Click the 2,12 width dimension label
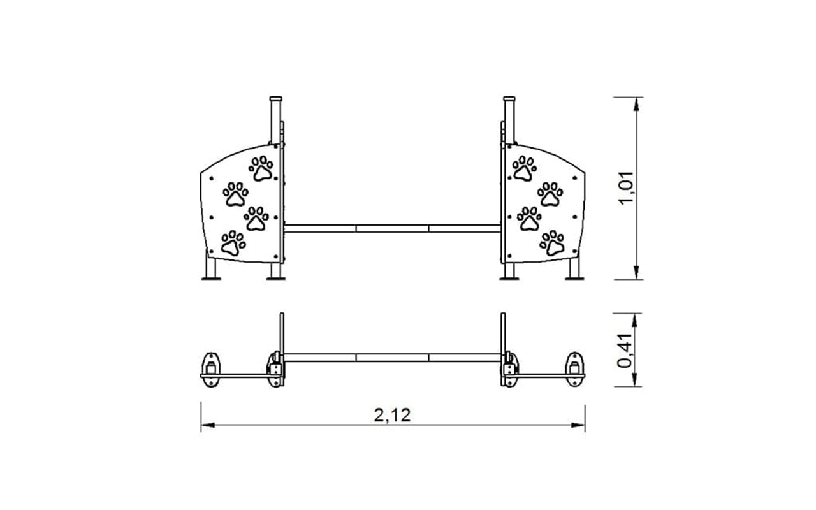pyautogui.click(x=392, y=415)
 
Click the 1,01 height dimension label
pyautogui.click(x=627, y=188)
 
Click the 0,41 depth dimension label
pyautogui.click(x=625, y=351)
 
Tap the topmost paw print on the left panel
pyautogui.click(x=261, y=169)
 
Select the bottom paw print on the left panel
pyautogui.click(x=233, y=243)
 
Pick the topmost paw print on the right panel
pyautogui.click(x=525, y=169)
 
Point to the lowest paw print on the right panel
pyautogui.click(x=552, y=243)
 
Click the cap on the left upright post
pyautogui.click(x=276, y=99)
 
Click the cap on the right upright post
pyautogui.click(x=509, y=99)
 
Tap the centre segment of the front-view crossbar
pyautogui.click(x=392, y=229)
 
